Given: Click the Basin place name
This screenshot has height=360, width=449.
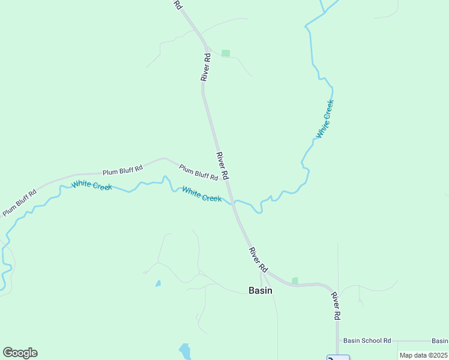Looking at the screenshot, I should coord(260,290).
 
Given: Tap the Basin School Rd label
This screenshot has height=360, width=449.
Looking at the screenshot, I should coord(367,340).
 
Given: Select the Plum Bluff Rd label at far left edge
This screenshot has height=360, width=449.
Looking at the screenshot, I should coord(19,203).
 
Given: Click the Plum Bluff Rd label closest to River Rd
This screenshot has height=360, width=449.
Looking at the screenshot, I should coord(198,172).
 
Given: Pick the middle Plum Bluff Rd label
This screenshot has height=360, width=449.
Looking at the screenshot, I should coord(122,170).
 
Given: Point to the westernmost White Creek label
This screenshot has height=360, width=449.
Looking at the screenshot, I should coord(91,185).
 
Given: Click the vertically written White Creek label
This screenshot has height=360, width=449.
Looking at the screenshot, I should coord(325,119).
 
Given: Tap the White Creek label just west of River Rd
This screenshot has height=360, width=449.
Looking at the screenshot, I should coord(202,194).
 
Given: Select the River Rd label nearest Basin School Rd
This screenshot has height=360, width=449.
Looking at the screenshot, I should coord(336,305).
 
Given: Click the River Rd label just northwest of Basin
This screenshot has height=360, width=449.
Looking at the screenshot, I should coord(258,259).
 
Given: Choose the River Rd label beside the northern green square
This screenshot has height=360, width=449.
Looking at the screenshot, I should coord(206,67).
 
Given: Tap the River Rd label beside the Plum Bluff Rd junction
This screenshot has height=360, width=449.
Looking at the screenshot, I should coord(223,166).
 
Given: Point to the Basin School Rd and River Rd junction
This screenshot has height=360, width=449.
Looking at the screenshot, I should coord(337,340).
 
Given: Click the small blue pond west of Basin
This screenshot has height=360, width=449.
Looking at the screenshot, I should coord(158,283).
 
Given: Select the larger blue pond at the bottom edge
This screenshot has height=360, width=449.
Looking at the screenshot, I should coord(185,350).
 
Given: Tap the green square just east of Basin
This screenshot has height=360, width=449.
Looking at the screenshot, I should coord(295,280).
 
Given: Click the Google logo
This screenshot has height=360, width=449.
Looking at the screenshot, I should coord(20,353).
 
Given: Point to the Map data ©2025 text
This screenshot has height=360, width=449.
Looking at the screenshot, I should coord(423,355).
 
